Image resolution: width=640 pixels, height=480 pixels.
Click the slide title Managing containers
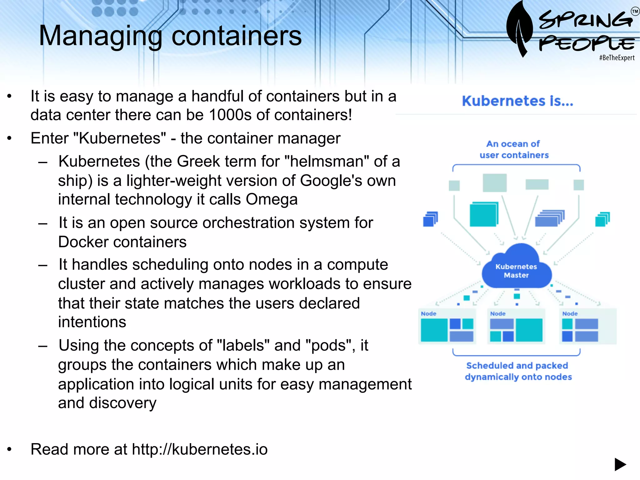(170, 36)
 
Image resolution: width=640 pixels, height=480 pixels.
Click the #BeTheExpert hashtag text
(617, 58)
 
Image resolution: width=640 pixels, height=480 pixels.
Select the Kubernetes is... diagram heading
(517, 101)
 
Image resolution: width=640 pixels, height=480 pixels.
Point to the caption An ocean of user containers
(514, 149)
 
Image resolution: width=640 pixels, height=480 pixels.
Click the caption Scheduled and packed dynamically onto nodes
(518, 371)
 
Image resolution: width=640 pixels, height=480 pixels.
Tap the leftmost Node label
(428, 313)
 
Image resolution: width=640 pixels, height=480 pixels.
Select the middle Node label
(497, 313)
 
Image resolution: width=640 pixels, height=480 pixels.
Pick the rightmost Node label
(570, 313)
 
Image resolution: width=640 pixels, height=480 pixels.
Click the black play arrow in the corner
(620, 464)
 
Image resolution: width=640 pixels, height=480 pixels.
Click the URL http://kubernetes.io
(200, 449)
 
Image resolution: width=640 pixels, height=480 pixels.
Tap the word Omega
(272, 199)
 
